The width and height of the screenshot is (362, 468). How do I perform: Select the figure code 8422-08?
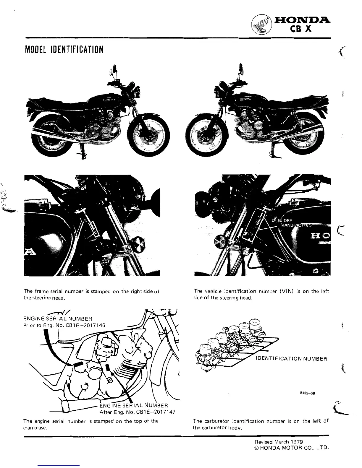pos(307,394)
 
